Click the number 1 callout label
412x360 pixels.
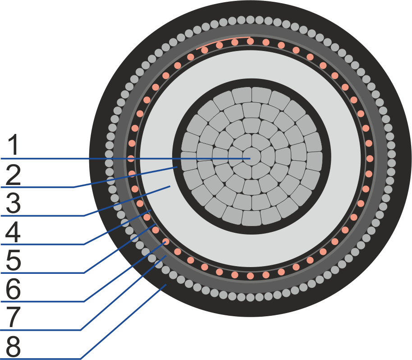[13, 144]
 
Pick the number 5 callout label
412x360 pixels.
[13, 261]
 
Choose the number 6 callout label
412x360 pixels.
[13, 289]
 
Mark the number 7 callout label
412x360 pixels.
[13, 318]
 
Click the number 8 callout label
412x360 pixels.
[13, 346]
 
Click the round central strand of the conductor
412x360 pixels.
[252, 157]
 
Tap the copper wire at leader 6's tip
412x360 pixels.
[165, 241]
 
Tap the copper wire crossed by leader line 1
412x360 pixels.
[131, 158]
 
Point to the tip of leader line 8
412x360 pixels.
[166, 285]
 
